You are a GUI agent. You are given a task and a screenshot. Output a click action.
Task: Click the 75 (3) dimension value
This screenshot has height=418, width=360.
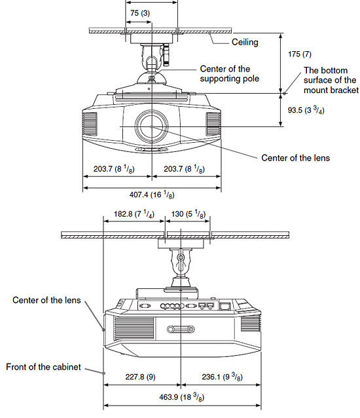click(140, 13)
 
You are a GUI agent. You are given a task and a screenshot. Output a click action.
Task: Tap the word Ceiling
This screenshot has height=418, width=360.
click(245, 42)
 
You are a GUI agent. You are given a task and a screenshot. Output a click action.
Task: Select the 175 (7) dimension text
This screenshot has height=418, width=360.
click(300, 54)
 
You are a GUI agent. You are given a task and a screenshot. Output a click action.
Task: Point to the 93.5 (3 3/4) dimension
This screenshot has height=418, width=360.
click(306, 109)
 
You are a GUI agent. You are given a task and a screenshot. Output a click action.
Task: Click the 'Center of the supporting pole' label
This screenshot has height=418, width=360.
click(229, 73)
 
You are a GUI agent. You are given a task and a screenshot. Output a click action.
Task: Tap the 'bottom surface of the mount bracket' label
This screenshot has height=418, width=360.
click(331, 80)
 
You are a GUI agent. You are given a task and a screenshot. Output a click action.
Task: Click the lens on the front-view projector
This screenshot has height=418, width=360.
click(151, 126)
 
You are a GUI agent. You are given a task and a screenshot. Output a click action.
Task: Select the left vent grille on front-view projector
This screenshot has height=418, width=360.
click(90, 124)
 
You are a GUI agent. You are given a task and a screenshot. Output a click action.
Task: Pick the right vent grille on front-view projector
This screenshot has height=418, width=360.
click(213, 124)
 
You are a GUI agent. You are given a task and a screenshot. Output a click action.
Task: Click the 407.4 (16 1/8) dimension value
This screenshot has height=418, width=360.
click(152, 195)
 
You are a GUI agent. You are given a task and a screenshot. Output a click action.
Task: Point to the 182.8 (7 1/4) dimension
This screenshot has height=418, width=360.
click(134, 214)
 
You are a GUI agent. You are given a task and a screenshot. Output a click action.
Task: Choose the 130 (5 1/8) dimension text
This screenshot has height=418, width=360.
click(188, 214)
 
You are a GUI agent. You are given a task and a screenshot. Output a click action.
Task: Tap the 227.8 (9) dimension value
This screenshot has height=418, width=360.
click(140, 377)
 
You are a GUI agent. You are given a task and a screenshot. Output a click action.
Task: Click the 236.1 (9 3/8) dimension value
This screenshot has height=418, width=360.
click(222, 377)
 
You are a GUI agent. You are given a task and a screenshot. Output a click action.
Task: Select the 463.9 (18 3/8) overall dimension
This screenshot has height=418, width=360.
click(182, 397)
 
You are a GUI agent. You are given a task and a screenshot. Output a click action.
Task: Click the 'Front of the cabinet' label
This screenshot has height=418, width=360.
click(43, 367)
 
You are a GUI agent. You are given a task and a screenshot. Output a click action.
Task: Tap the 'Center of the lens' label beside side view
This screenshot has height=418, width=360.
click(46, 300)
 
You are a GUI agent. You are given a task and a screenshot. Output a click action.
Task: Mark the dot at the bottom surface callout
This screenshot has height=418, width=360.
click(284, 94)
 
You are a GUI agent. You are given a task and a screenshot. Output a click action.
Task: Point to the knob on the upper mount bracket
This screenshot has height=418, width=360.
click(166, 55)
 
